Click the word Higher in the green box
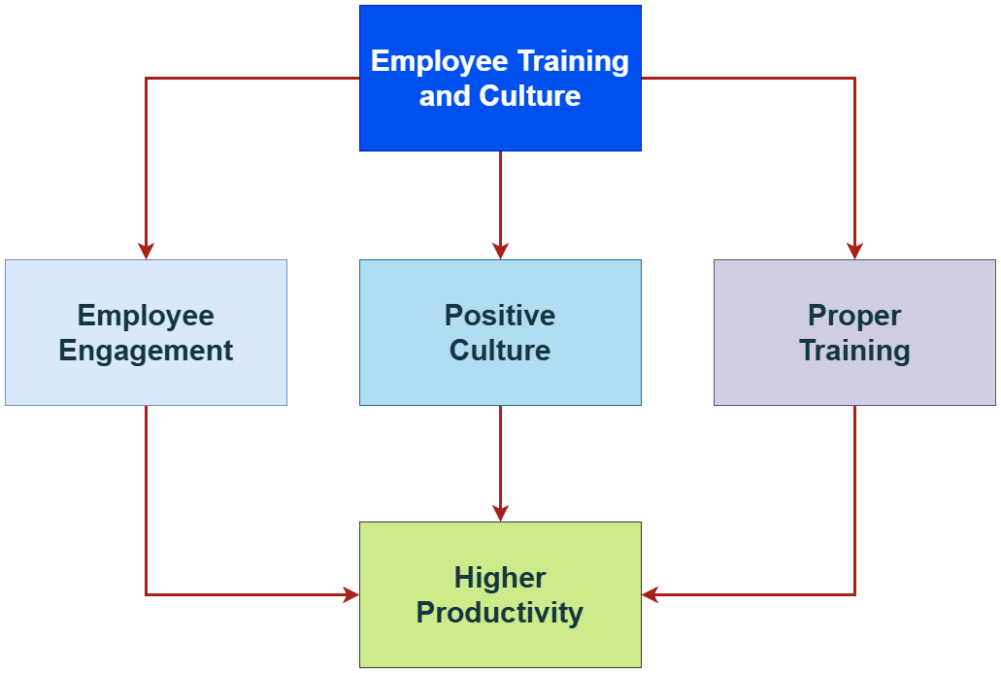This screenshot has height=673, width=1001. pyautogui.click(x=500, y=578)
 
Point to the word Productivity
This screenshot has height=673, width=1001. pyautogui.click(x=500, y=614)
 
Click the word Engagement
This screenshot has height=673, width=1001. pyautogui.click(x=146, y=351)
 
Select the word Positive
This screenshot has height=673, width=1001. pyautogui.click(x=500, y=316)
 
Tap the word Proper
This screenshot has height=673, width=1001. pyautogui.click(x=854, y=316)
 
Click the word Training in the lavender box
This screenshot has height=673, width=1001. pyautogui.click(x=854, y=351)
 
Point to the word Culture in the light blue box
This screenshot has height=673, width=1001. pyautogui.click(x=500, y=351)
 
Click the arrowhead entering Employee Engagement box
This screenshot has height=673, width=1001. pyautogui.click(x=146, y=252)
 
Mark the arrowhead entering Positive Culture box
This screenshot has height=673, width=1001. pyautogui.click(x=500, y=252)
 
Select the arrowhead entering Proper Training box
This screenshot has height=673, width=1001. pyautogui.click(x=854, y=252)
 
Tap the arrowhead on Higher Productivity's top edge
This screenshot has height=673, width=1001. pyautogui.click(x=500, y=514)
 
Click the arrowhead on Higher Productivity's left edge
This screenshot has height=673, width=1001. pyautogui.click(x=351, y=594)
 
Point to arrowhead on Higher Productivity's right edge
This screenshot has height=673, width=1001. pyautogui.click(x=650, y=594)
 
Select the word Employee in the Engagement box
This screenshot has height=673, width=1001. pyautogui.click(x=146, y=316)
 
